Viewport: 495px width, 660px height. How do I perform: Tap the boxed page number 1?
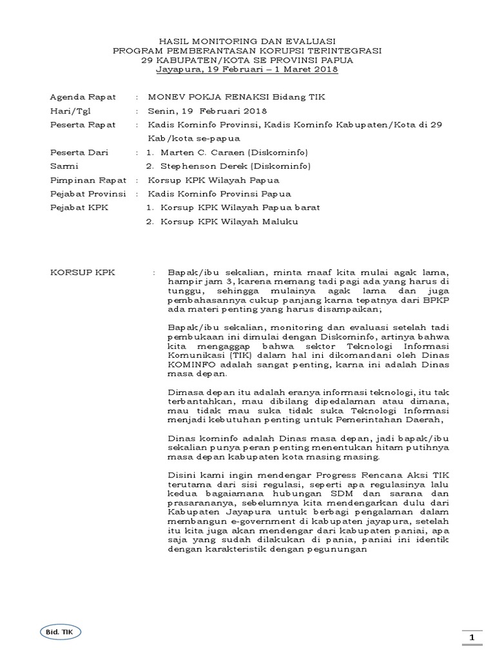(472, 637)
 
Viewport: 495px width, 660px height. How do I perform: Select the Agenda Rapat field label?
(83, 97)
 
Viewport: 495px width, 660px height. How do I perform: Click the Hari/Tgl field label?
(72, 110)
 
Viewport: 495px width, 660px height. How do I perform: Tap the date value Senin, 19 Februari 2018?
(199, 110)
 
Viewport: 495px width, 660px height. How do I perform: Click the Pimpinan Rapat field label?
(86, 180)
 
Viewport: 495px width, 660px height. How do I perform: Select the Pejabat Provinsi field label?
(88, 193)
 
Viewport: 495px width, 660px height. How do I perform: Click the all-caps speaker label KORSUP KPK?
(82, 273)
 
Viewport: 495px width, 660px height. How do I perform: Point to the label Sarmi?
(63, 166)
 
